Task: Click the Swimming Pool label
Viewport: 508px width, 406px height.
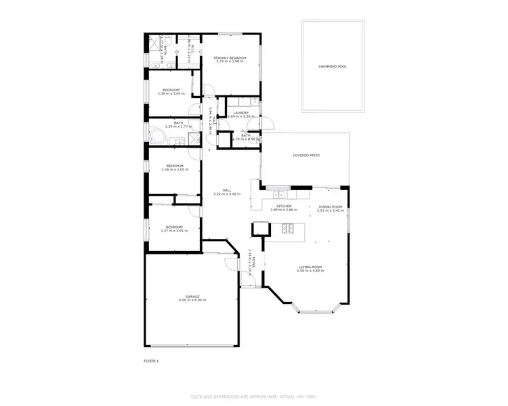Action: click(332, 66)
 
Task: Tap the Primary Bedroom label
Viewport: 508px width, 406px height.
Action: click(230, 58)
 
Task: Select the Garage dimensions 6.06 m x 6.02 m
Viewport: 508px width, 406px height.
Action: click(193, 300)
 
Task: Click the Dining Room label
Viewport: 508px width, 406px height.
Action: click(331, 206)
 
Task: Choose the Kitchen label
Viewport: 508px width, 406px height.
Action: click(284, 206)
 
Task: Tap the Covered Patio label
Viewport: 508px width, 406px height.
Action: click(306, 156)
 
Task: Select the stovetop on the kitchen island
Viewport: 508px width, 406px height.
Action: click(287, 228)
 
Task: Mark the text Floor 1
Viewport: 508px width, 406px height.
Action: click(151, 361)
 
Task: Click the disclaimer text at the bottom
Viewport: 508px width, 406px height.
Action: click(254, 396)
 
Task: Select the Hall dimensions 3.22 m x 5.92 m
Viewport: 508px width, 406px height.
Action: click(227, 194)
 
